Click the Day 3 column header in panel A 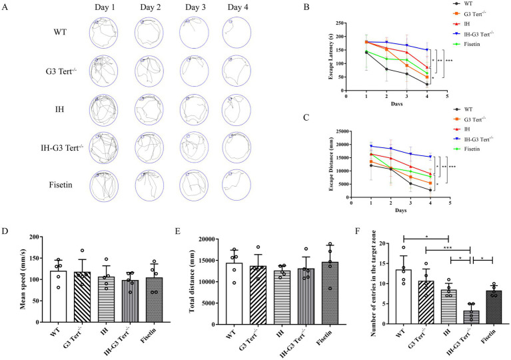pyautogui.click(x=195, y=7)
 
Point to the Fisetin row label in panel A pyautogui.click(x=61, y=185)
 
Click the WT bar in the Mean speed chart pyautogui.click(x=59, y=297)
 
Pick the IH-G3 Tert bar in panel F pyautogui.click(x=471, y=317)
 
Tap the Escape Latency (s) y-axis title pyautogui.click(x=331, y=57)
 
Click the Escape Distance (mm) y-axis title pyautogui.click(x=331, y=165)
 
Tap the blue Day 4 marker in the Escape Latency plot pyautogui.click(x=427, y=50)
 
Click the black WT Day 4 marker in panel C pyautogui.click(x=430, y=190)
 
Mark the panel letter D pyautogui.click(x=5, y=231)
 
